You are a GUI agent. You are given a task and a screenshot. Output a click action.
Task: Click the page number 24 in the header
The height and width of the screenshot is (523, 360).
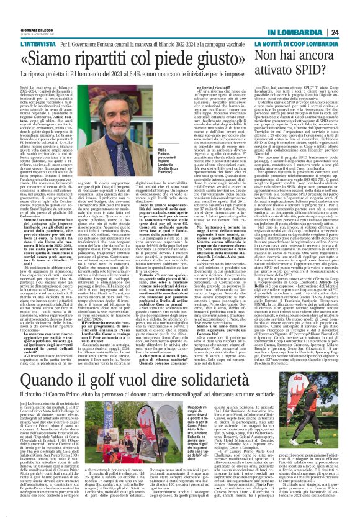[x=352, y=32]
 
